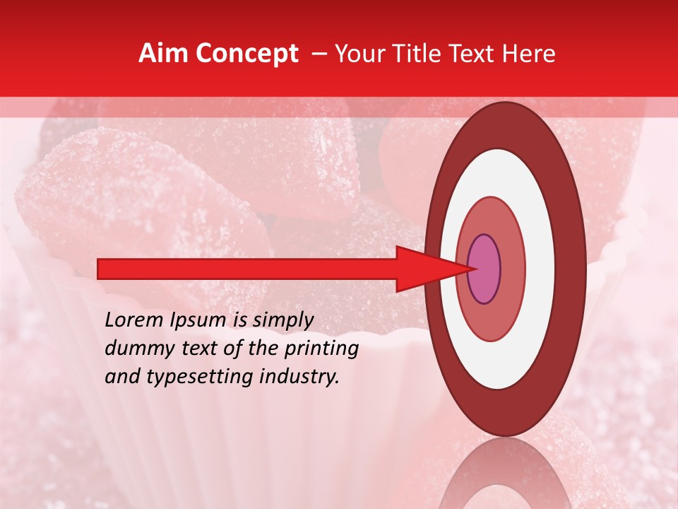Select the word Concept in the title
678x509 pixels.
tap(246, 54)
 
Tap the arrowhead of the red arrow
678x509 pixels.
tap(424, 269)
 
